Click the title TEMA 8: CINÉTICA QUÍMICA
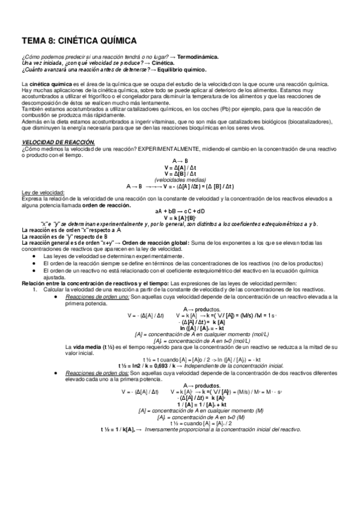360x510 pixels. (x=79, y=41)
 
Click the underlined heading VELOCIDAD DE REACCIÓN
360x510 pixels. (x=58, y=141)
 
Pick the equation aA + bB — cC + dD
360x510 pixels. (x=180, y=211)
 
